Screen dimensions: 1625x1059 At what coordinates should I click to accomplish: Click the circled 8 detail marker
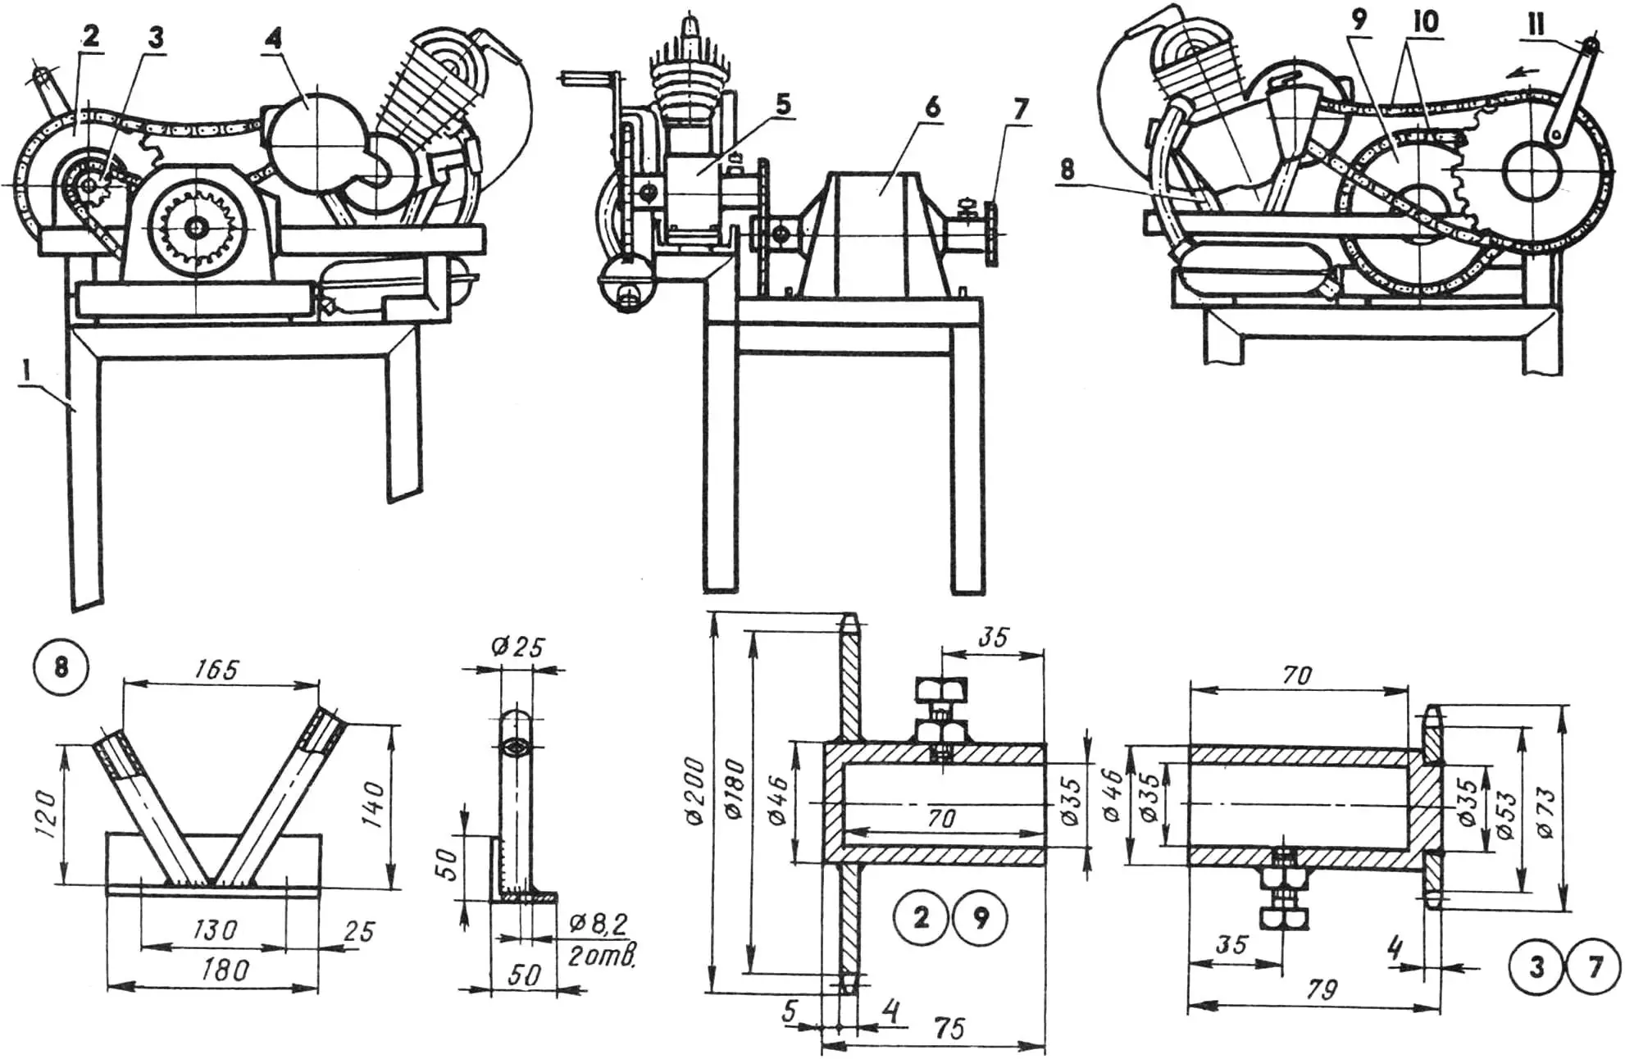pos(61,666)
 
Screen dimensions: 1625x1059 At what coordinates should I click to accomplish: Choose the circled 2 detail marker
pos(922,918)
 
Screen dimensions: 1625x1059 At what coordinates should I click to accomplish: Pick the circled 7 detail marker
pos(1595,968)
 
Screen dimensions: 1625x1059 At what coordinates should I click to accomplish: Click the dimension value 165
pos(217,670)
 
